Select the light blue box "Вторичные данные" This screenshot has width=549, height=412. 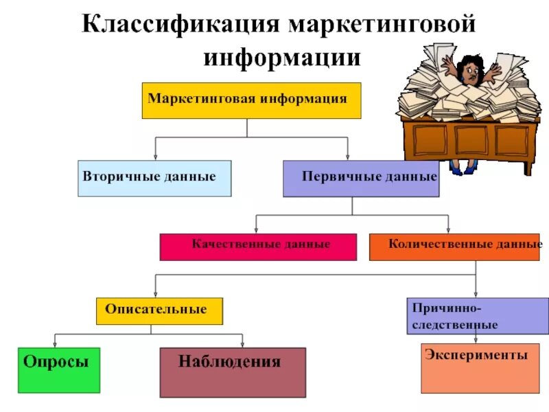[154, 179]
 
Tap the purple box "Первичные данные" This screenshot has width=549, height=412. [361, 179]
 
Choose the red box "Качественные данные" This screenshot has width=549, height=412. [258, 247]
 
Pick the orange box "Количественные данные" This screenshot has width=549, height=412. [456, 247]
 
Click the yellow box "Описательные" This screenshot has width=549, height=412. [160, 311]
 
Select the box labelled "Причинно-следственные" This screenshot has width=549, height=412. [478, 316]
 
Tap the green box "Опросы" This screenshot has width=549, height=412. [59, 370]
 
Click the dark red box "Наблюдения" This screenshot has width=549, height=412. [233, 371]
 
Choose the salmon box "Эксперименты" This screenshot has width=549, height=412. [476, 368]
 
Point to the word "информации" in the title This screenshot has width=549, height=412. [282, 56]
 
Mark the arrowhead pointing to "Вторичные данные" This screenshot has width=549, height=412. [156, 157]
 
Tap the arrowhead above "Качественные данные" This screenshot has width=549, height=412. [256, 230]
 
